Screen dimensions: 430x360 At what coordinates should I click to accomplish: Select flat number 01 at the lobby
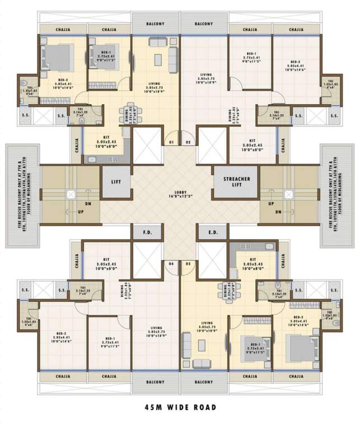(x=172, y=142)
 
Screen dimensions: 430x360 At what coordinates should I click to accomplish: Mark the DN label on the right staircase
(x=278, y=212)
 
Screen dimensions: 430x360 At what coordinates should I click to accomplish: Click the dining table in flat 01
(x=130, y=114)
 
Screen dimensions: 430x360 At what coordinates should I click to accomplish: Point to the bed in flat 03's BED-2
(x=300, y=347)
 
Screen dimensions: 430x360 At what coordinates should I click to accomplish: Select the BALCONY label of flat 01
(x=155, y=24)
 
